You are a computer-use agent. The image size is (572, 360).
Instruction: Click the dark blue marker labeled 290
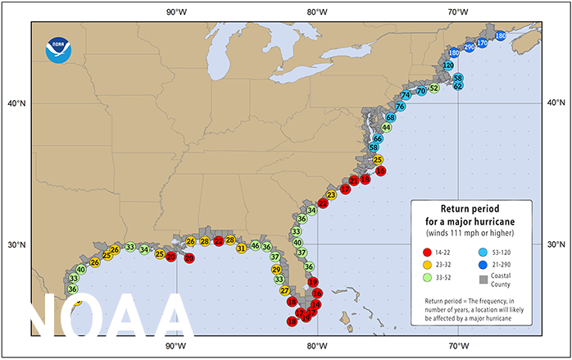(470, 47)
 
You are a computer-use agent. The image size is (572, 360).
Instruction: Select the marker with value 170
(482, 43)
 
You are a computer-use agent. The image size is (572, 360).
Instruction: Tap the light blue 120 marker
(448, 65)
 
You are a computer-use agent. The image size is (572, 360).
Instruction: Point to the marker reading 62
(458, 84)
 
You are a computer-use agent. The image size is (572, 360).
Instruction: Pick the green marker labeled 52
(434, 88)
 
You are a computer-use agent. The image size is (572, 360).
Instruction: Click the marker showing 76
(401, 106)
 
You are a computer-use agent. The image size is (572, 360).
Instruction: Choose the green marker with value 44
(386, 127)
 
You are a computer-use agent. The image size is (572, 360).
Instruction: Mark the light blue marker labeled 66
(378, 139)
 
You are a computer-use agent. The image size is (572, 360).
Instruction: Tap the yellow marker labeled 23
(331, 195)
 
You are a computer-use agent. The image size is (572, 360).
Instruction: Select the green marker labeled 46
(255, 246)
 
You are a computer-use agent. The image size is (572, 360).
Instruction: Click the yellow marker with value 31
(241, 248)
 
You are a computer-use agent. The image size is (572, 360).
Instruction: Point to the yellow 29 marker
(276, 270)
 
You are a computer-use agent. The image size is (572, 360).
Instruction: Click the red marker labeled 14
(316, 304)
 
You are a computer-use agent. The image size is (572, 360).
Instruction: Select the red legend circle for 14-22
(427, 252)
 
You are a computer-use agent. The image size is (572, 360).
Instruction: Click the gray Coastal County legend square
(485, 281)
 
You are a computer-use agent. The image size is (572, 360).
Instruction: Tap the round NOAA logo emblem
(59, 51)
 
